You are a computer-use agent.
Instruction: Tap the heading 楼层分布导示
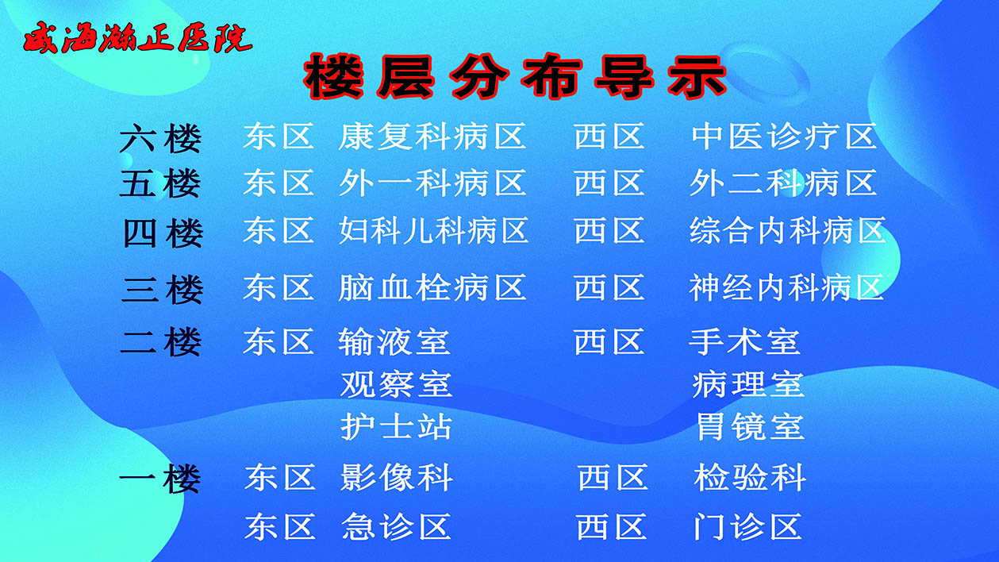(515, 77)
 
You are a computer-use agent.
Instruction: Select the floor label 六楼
(160, 140)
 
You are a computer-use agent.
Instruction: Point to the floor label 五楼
(160, 184)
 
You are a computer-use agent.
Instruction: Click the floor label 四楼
(162, 233)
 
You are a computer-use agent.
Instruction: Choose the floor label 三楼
(162, 289)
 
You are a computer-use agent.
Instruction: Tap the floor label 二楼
(161, 342)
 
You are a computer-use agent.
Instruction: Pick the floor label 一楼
(159, 479)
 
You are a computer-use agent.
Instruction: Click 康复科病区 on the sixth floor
(432, 137)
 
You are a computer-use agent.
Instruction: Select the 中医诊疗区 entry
(784, 137)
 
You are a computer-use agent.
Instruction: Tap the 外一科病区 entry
(432, 183)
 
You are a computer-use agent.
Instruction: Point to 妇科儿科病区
(433, 231)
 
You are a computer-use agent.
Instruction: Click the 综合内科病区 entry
(787, 231)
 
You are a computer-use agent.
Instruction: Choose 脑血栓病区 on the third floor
(432, 287)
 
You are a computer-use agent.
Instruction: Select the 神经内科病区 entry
(786, 287)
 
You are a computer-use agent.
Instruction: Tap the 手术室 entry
(744, 342)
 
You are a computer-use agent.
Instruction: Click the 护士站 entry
(396, 427)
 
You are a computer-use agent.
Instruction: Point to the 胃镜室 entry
(750, 427)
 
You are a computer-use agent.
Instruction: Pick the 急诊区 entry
(397, 526)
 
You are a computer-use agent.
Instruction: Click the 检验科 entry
(750, 479)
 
